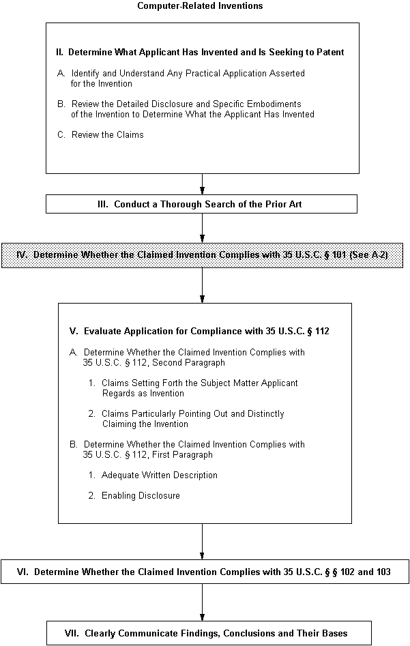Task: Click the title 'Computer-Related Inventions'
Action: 200,5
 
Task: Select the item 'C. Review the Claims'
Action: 100,134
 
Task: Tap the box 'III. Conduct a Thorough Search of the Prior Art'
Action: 201,204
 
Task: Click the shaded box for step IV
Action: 202,255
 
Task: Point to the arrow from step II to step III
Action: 203,183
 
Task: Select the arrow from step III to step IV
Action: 203,228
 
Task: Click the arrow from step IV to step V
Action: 203,286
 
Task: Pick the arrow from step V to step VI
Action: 203,542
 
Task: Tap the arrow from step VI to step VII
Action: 203,602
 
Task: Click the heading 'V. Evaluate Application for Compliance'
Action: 199,332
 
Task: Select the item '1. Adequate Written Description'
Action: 153,475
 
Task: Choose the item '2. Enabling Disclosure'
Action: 134,495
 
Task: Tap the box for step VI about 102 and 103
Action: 205,572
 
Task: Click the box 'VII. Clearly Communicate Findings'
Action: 209,633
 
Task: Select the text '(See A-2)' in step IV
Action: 369,254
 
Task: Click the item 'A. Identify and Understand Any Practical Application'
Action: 181,78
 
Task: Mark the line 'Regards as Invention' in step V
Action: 143,394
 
